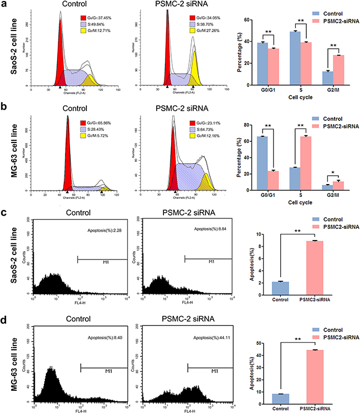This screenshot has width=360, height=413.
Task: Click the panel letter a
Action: click(x=5, y=5)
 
